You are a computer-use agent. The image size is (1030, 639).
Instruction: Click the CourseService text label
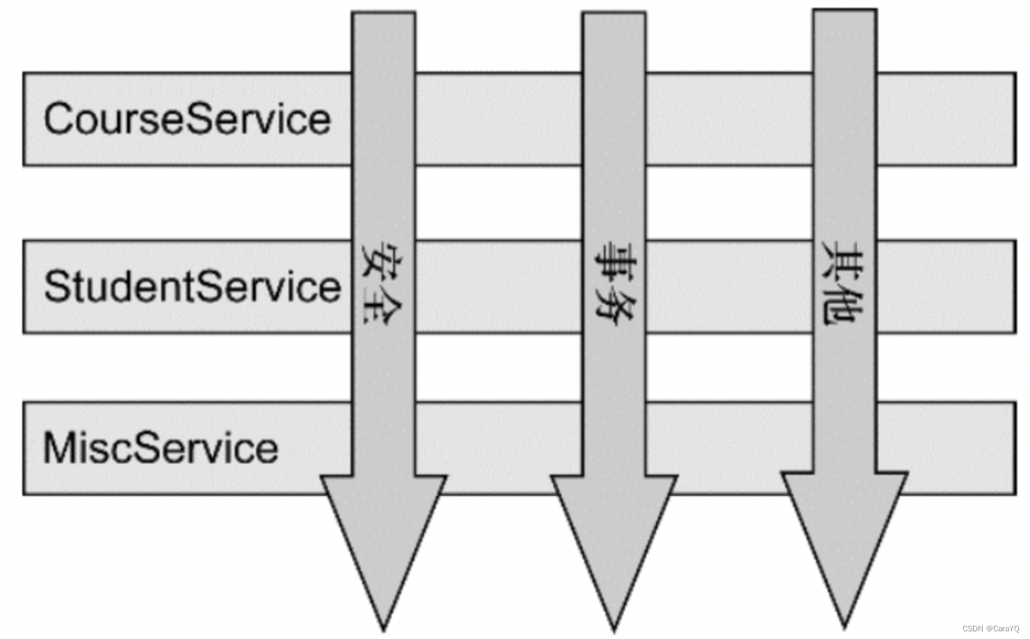coord(187,119)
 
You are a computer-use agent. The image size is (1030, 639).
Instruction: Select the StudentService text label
coord(192,286)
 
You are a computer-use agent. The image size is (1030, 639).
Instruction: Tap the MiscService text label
coord(161,448)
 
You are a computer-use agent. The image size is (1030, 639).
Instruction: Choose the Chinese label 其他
coord(843,283)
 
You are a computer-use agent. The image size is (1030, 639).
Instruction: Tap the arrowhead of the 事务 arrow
coord(614,549)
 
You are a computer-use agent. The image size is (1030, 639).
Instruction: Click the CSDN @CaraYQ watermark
coord(990,629)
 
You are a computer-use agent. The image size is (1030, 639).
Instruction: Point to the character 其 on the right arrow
coord(843,260)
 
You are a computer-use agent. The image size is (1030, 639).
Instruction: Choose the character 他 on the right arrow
coord(843,306)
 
